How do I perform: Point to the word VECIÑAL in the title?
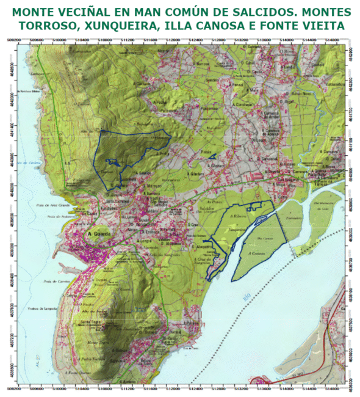[x=98, y=12]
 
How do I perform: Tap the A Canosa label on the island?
[x=256, y=252]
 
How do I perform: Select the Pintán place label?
[x=206, y=151]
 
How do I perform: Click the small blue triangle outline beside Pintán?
[x=212, y=157]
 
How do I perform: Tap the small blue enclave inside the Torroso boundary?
[x=112, y=162]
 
